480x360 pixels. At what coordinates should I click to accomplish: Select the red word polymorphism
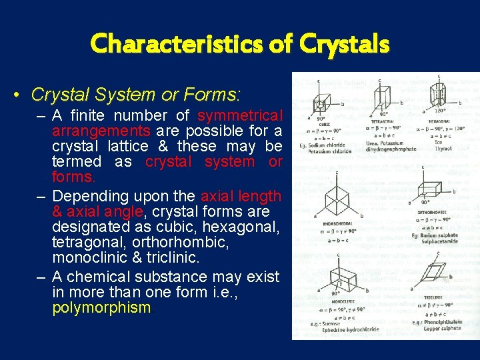[101, 307]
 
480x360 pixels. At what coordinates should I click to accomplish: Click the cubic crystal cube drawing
[321, 103]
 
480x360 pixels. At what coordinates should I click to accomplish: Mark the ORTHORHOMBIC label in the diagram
[432, 212]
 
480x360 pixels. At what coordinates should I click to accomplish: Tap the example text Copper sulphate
[441, 328]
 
